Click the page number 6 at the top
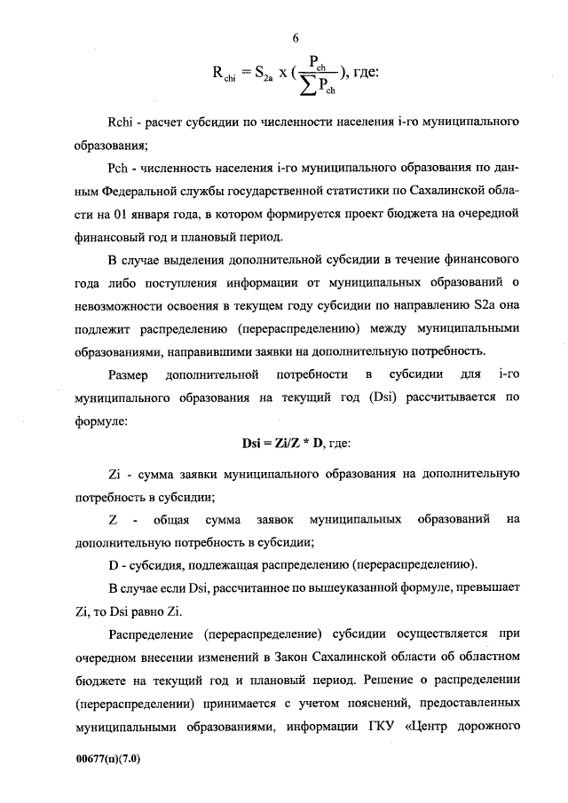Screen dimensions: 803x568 click(x=296, y=36)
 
